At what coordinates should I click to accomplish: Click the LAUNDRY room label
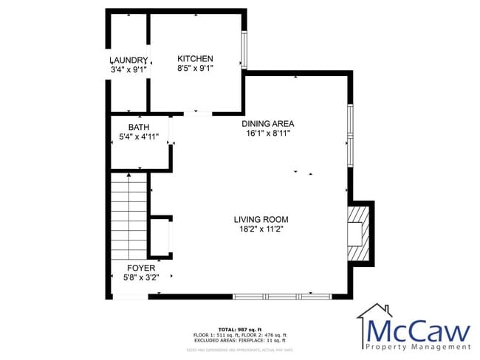128,60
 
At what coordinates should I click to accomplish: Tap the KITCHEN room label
195,59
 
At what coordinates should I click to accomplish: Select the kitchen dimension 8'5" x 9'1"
195,69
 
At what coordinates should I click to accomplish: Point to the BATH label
138,127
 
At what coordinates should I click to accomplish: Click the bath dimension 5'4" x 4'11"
138,136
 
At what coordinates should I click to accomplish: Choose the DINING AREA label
268,123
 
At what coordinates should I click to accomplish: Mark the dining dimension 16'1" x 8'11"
268,134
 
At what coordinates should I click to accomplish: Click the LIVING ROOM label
261,219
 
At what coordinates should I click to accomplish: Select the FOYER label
141,268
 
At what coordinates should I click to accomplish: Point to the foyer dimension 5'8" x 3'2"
141,277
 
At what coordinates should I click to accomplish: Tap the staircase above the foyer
129,214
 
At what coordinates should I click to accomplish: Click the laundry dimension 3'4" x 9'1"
128,69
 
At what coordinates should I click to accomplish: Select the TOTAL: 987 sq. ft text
239,329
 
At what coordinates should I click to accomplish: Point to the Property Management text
418,346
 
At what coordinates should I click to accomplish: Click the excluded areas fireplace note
239,340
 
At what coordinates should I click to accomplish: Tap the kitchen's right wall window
244,50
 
